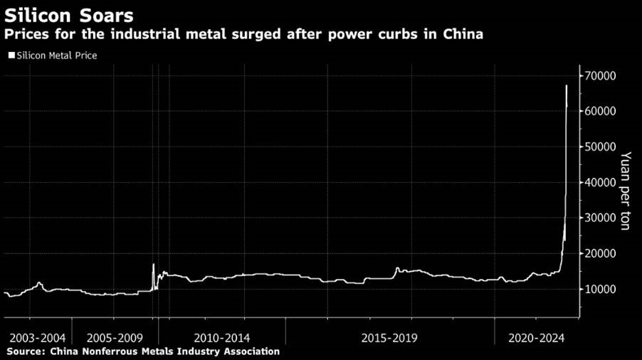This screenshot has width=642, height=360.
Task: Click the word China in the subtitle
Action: [x=463, y=34]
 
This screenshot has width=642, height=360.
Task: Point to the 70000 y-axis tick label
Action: [x=601, y=76]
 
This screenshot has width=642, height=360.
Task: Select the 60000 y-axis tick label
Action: [x=601, y=112]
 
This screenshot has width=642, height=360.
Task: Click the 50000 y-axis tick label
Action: [x=601, y=147]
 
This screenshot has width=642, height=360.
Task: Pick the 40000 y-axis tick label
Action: [x=601, y=183]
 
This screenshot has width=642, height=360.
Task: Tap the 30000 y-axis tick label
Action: [x=601, y=218]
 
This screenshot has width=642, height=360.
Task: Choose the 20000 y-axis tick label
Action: [x=601, y=254]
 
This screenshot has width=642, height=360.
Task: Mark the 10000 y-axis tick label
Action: [x=601, y=290]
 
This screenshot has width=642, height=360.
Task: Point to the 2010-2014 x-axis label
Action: [x=221, y=337]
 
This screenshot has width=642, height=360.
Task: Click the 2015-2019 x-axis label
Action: [x=389, y=337]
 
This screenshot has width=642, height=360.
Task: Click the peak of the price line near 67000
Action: [x=566, y=86]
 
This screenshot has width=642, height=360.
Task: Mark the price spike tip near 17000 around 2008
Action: [x=153, y=265]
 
